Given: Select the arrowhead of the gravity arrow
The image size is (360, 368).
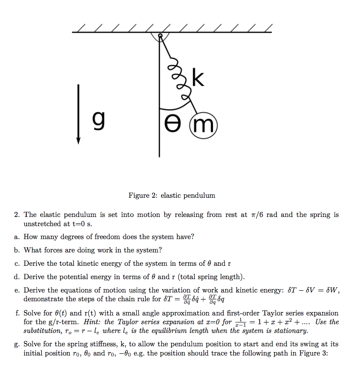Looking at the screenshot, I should point(78,140).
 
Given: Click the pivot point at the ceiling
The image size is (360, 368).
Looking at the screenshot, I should point(160,36).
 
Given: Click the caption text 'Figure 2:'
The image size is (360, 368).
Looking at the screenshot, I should point(143,195).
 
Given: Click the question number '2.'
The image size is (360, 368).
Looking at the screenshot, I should point(17,215).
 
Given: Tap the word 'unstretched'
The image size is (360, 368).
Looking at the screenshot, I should point(43,224).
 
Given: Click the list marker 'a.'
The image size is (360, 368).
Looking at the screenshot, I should point(16,237).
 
